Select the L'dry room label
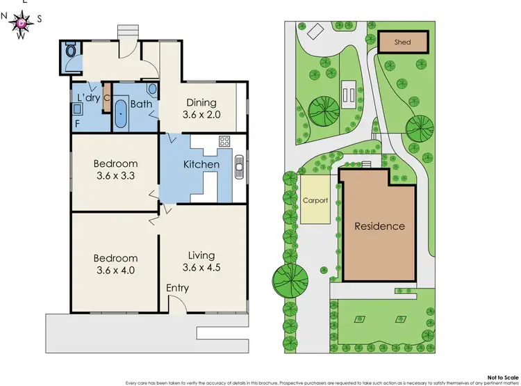(88, 98)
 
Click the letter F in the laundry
(76, 124)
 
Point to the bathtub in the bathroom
(122, 114)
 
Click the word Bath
(141, 105)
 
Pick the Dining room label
(201, 103)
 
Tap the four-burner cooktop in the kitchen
(225, 141)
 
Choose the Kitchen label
(201, 165)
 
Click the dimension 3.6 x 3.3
(117, 176)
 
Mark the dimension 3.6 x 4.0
(117, 271)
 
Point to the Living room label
(201, 255)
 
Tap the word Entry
(177, 288)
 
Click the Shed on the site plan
(402, 42)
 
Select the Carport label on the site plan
(315, 200)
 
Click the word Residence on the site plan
(379, 226)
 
